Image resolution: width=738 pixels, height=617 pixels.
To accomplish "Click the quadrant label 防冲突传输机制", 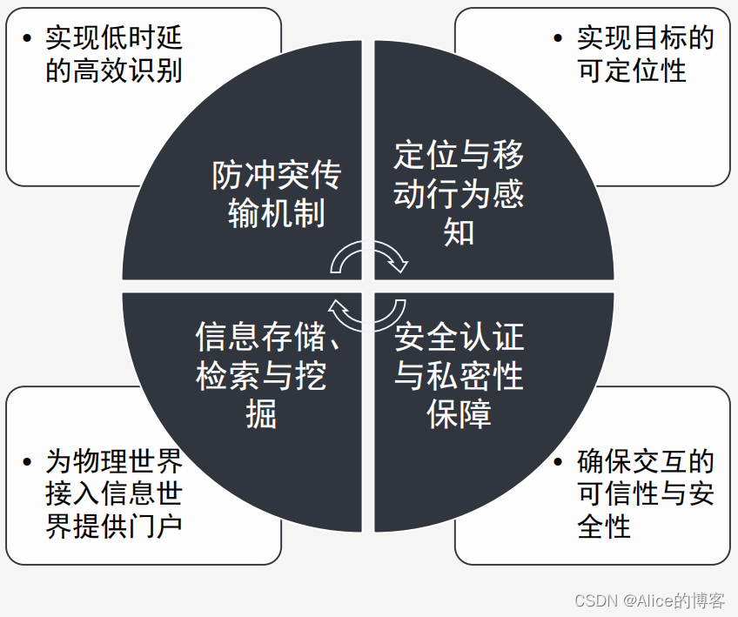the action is pos(276,194).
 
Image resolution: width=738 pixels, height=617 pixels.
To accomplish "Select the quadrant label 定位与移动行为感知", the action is pos(459,194).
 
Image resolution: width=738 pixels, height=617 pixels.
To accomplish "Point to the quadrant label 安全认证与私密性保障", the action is pos(459,375).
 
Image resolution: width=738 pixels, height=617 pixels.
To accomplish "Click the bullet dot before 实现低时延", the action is pos(29,38).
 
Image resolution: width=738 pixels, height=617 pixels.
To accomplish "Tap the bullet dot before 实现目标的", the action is pos(558,38).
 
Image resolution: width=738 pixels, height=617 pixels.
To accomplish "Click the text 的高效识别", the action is pos(114,70).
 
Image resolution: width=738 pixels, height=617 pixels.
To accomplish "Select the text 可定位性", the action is pos(632,70).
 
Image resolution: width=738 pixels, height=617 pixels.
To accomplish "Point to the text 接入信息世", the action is pos(114,493).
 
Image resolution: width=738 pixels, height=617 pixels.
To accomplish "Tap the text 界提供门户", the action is pos(114,526).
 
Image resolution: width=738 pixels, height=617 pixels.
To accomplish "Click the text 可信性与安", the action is pos(646,493).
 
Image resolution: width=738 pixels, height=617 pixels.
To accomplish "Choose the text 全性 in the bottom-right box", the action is pos(604,526).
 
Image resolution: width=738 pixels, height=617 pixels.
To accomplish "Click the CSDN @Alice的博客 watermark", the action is pos(650,600).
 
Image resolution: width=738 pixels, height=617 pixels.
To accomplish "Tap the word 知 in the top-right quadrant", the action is pos(459,232).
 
